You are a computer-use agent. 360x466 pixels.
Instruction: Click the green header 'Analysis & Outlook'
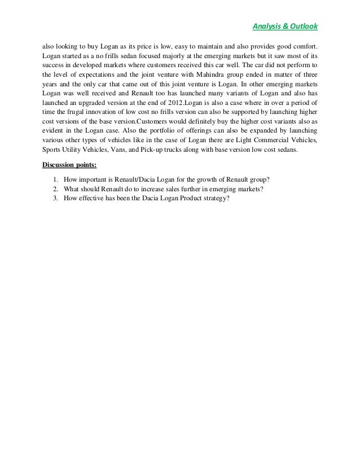(285, 26)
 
